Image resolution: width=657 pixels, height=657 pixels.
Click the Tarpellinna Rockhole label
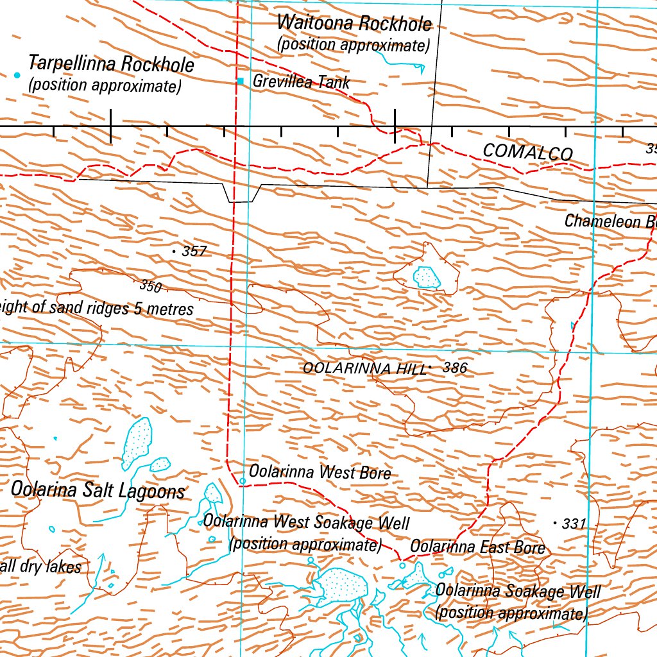[111, 65]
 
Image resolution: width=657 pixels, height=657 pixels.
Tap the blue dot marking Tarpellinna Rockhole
[17, 75]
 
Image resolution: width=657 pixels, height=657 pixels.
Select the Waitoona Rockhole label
[354, 24]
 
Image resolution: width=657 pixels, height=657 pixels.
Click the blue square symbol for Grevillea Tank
[241, 81]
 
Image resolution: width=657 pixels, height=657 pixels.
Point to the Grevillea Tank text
[302, 81]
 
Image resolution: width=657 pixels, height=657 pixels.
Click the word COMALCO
[527, 153]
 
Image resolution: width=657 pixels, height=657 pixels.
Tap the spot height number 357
[194, 252]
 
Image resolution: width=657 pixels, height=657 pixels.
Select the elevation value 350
[150, 286]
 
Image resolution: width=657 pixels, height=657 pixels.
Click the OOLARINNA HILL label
[364, 368]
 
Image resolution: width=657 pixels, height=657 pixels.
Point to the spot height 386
[454, 368]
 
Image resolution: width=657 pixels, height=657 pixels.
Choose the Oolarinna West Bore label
[320, 473]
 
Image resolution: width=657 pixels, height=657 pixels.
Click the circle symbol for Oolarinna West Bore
[243, 481]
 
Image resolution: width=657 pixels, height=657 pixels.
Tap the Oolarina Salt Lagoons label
[98, 490]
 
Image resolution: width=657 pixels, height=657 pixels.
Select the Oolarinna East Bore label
[477, 547]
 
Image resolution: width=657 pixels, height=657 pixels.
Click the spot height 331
[574, 524]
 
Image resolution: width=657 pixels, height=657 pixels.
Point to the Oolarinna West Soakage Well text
[306, 522]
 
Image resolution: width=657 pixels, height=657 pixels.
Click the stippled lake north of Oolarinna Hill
[427, 277]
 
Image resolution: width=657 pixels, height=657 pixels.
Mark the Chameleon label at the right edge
[610, 221]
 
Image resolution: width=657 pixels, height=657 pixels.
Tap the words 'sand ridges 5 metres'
[128, 309]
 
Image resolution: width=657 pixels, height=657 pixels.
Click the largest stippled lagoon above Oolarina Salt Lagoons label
[137, 441]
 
